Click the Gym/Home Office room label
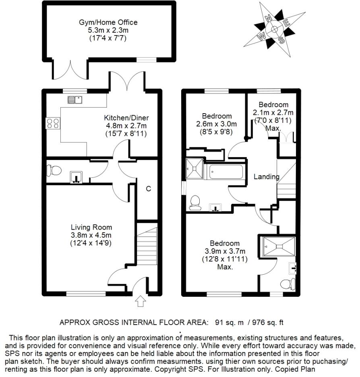(x=108, y=22)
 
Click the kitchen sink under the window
(x=75, y=99)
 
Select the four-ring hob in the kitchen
(x=53, y=122)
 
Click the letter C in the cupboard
(x=148, y=188)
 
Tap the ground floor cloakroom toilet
(x=54, y=171)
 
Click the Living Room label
(x=91, y=227)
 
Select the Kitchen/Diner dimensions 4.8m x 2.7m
(x=126, y=126)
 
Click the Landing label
(x=266, y=176)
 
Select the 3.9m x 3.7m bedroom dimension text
(x=225, y=251)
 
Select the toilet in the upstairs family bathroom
(x=195, y=201)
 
